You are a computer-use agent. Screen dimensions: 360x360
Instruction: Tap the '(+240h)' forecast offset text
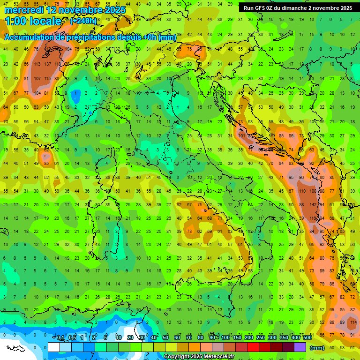[x=83, y=21]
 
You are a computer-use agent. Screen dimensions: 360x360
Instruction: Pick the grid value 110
[x=301, y=191]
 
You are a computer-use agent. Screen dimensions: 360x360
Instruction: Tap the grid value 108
[x=311, y=191]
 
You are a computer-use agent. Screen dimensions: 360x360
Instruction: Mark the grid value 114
[x=353, y=322]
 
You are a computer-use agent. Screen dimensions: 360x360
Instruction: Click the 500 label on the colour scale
[x=307, y=338]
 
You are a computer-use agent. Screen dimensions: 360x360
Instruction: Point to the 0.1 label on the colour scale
[x=60, y=338]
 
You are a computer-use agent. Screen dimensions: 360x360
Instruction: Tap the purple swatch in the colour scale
[x=300, y=347]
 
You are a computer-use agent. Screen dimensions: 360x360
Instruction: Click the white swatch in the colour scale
[x=54, y=347]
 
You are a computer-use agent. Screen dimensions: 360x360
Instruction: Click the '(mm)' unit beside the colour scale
[x=317, y=347]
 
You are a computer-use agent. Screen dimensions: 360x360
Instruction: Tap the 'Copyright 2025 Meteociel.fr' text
[x=205, y=356]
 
